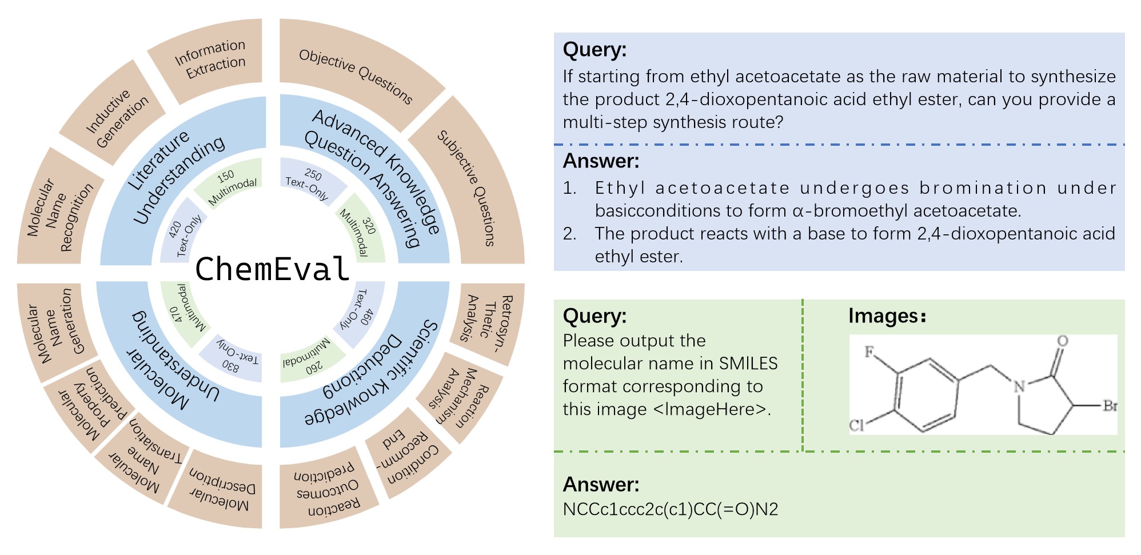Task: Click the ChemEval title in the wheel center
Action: [x=272, y=269]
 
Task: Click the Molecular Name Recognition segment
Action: [x=60, y=214]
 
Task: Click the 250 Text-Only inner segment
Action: [x=309, y=182]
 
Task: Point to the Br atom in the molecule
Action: [x=1110, y=406]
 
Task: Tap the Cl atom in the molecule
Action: [x=856, y=425]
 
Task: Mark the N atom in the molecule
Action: [x=1019, y=387]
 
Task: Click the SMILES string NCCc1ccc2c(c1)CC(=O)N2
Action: [x=670, y=509]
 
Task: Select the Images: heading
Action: [x=887, y=316]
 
